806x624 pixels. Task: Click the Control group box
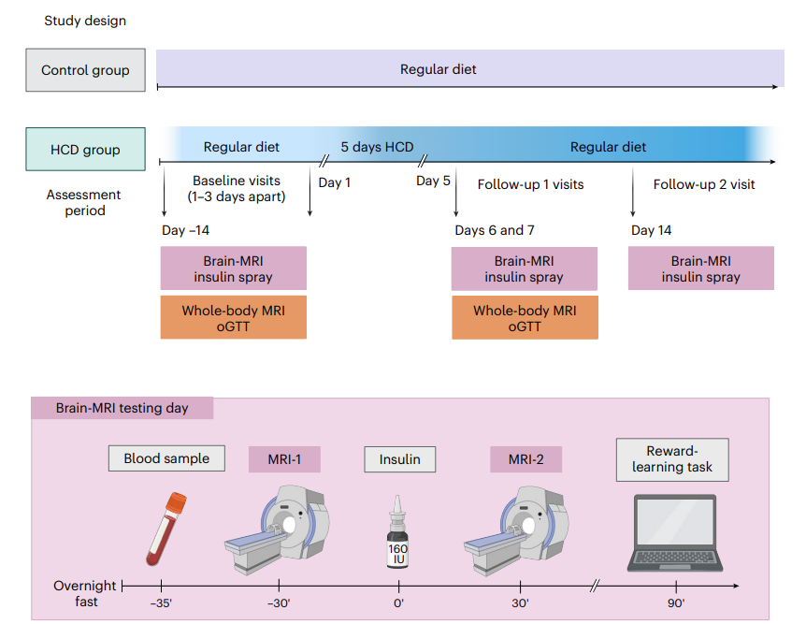[x=85, y=70]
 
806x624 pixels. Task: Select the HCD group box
[x=85, y=149]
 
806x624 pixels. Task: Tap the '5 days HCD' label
[x=377, y=147]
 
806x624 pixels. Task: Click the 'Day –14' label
[x=185, y=230]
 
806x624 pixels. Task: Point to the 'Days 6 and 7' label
[x=495, y=230]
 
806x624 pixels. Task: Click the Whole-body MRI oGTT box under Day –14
[x=234, y=317]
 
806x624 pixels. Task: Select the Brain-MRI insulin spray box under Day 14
[x=701, y=268]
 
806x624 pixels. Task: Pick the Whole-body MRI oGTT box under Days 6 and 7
[x=525, y=317]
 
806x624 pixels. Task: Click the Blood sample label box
[x=166, y=458]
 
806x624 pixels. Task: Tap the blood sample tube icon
[x=166, y=529]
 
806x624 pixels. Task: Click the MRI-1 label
[x=284, y=459]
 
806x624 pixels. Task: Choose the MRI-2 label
[x=525, y=459]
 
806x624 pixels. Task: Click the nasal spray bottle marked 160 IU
[x=397, y=532]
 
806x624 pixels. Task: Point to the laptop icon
[x=675, y=533]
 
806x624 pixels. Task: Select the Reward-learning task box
[x=672, y=459]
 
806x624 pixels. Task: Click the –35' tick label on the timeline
[x=161, y=602]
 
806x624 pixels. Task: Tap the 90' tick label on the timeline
[x=676, y=602]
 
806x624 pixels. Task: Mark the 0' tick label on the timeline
[x=399, y=602]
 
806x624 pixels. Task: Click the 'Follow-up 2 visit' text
[x=704, y=184]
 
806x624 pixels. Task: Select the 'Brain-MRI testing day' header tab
[x=122, y=408]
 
